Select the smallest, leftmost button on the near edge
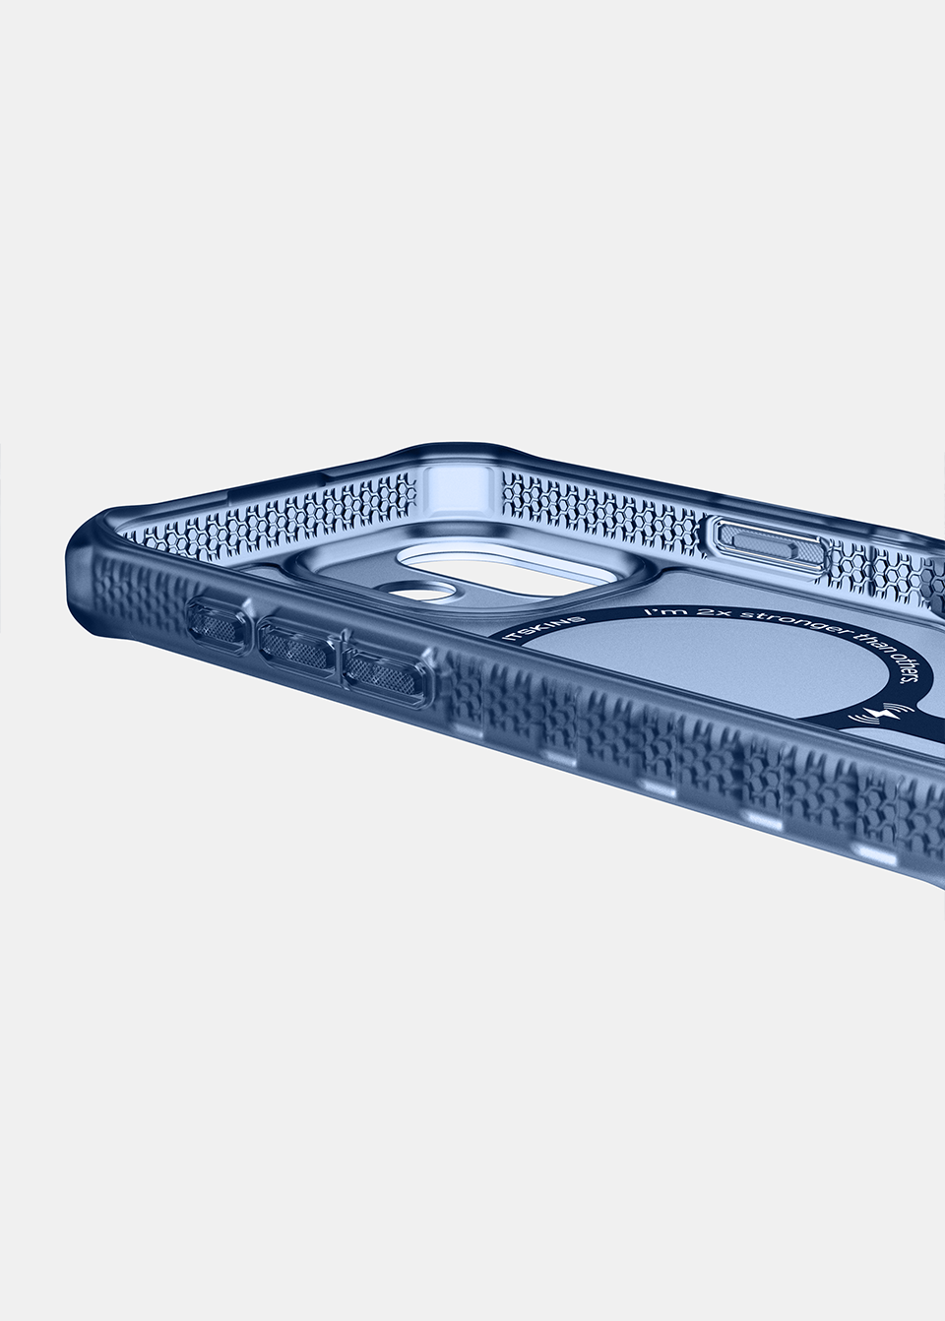point(217,625)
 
